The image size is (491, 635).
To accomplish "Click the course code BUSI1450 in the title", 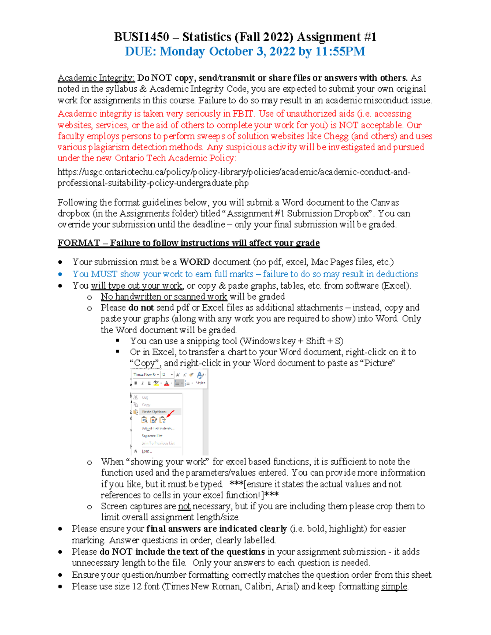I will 141,37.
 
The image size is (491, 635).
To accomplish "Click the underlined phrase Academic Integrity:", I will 96,78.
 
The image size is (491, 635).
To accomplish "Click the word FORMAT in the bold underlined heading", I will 79,243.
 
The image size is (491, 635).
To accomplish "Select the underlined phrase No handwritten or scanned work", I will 164,296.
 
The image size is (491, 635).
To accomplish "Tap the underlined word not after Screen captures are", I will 184,506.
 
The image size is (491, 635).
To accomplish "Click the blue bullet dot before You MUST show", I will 60,274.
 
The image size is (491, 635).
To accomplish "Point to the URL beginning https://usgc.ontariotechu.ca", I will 233,172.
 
